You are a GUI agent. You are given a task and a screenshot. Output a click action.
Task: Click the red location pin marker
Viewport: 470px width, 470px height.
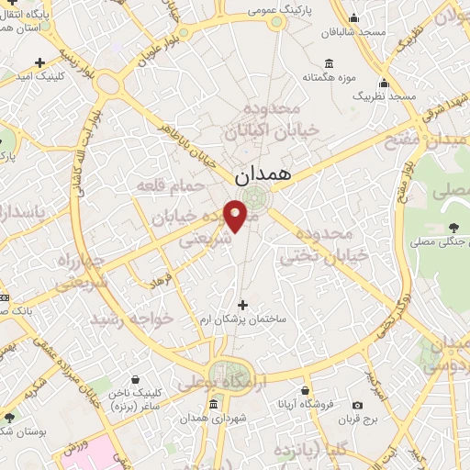point(236,215)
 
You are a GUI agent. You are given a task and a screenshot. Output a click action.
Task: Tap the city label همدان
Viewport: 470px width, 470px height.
point(263,172)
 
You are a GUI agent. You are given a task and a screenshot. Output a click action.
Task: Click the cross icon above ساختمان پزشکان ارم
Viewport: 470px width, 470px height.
point(242,304)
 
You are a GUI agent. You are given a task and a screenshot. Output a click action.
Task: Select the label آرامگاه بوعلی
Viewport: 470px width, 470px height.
point(224,377)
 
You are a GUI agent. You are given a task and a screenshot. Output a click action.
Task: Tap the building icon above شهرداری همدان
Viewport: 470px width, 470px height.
point(214,405)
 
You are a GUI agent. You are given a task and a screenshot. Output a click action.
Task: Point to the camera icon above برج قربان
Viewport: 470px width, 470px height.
point(358,405)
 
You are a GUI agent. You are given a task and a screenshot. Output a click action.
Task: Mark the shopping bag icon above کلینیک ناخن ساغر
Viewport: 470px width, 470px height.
point(136,378)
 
